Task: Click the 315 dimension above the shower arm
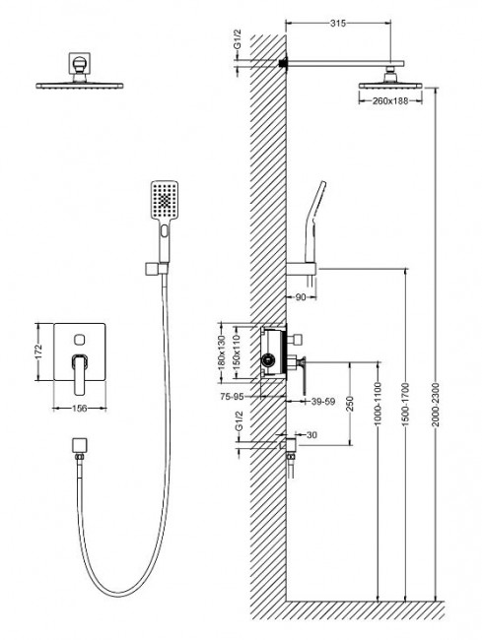[x=338, y=22]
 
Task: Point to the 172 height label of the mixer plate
[x=38, y=350]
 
